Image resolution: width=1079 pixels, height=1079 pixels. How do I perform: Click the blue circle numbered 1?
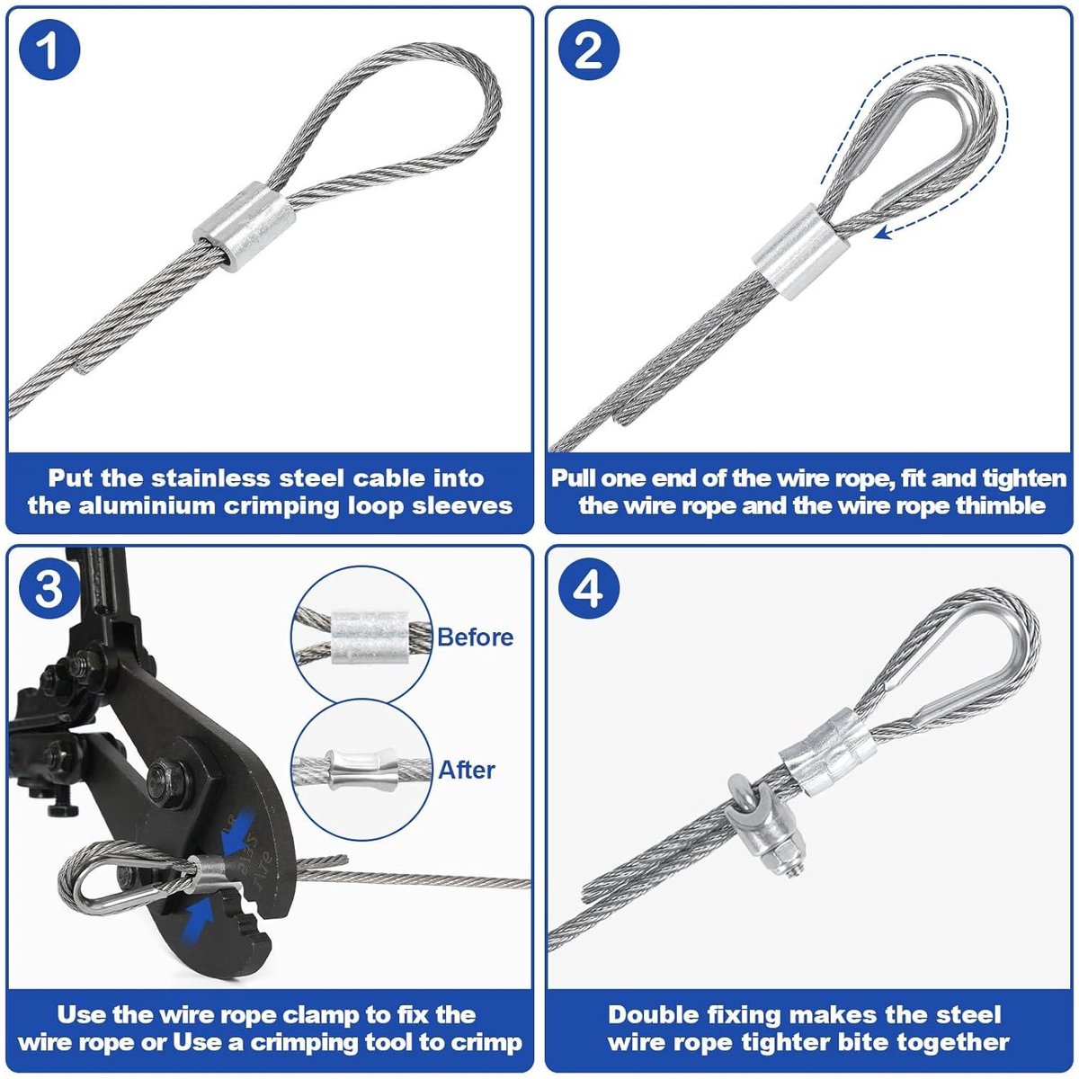coord(49,49)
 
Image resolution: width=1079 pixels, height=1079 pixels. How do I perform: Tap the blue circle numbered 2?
coord(589,49)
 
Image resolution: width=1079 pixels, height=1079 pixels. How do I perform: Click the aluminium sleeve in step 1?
coord(245,227)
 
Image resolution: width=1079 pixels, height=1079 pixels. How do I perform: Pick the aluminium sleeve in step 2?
coord(801,252)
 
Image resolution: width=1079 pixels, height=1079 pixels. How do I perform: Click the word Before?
coord(475,638)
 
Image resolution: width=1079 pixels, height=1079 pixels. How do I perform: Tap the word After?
coord(467,770)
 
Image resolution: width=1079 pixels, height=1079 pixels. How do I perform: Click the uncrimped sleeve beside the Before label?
coord(370,638)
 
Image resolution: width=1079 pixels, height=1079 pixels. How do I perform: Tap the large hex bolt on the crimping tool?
coord(168,781)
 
